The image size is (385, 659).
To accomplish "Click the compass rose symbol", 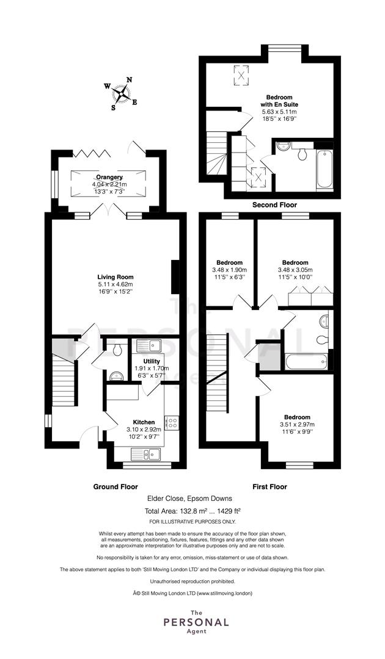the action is [x=121, y=93].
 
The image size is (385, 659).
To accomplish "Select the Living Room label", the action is [x=116, y=277].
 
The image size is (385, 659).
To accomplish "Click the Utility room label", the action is [x=151, y=361].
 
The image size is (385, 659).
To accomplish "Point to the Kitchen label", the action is [x=144, y=422].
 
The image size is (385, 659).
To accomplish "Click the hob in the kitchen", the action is [x=172, y=423].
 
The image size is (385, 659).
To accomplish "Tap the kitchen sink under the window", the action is [x=145, y=455].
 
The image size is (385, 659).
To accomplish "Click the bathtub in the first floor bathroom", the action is [x=306, y=362].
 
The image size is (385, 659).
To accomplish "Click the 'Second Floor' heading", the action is [x=274, y=205].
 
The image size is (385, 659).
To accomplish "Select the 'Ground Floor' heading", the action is [x=116, y=487].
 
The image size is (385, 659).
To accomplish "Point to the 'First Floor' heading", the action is [x=269, y=487].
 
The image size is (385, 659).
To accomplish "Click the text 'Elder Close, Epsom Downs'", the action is [x=189, y=499].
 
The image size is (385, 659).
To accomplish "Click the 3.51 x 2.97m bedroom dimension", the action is [x=297, y=425].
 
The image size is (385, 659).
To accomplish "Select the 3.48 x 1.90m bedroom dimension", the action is [x=230, y=270].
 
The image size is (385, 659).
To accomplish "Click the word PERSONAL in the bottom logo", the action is [x=196, y=622].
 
